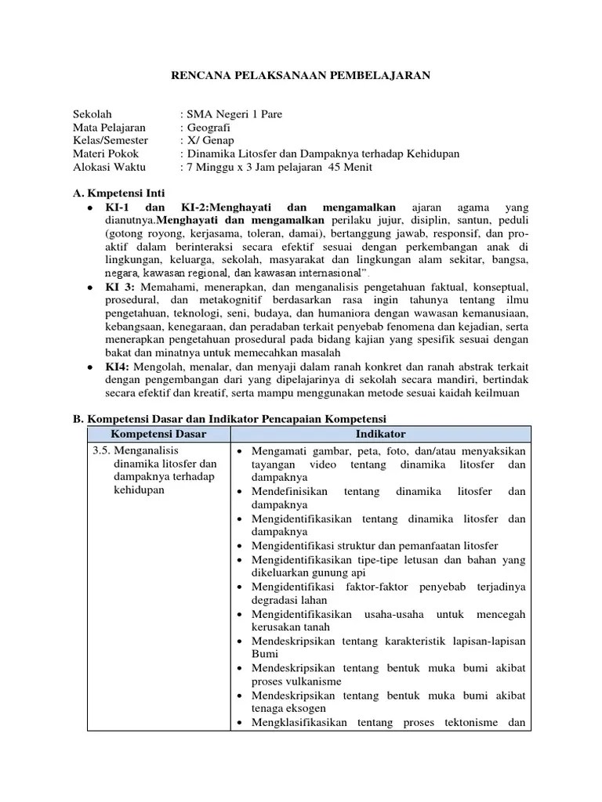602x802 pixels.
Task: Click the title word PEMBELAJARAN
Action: (383, 75)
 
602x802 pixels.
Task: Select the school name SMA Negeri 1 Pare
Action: (227, 114)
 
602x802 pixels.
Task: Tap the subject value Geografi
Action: (208, 128)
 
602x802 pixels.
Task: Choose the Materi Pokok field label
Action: (106, 154)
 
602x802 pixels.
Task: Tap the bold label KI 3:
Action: (121, 287)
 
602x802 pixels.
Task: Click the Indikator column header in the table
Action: (380, 433)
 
